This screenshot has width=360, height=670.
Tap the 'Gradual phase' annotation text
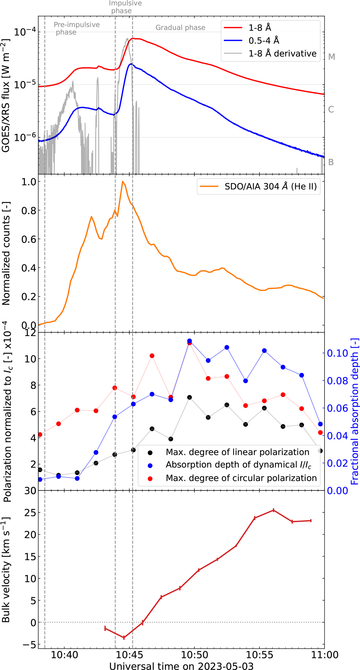click(x=180, y=28)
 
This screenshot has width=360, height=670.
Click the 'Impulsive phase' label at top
click(x=125, y=7)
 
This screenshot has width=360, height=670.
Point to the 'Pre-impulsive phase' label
click(x=76, y=28)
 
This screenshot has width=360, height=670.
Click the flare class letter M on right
click(x=331, y=57)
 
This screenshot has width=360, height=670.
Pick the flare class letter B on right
click(x=331, y=162)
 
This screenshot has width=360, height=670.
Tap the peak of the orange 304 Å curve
click(x=122, y=181)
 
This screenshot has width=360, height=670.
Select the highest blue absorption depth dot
click(x=189, y=341)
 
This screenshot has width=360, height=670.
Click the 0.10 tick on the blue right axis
click(x=337, y=353)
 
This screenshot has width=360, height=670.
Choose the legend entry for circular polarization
click(x=241, y=478)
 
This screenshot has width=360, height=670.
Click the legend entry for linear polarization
click(x=237, y=452)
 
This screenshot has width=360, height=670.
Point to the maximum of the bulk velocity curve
click(x=273, y=527)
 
